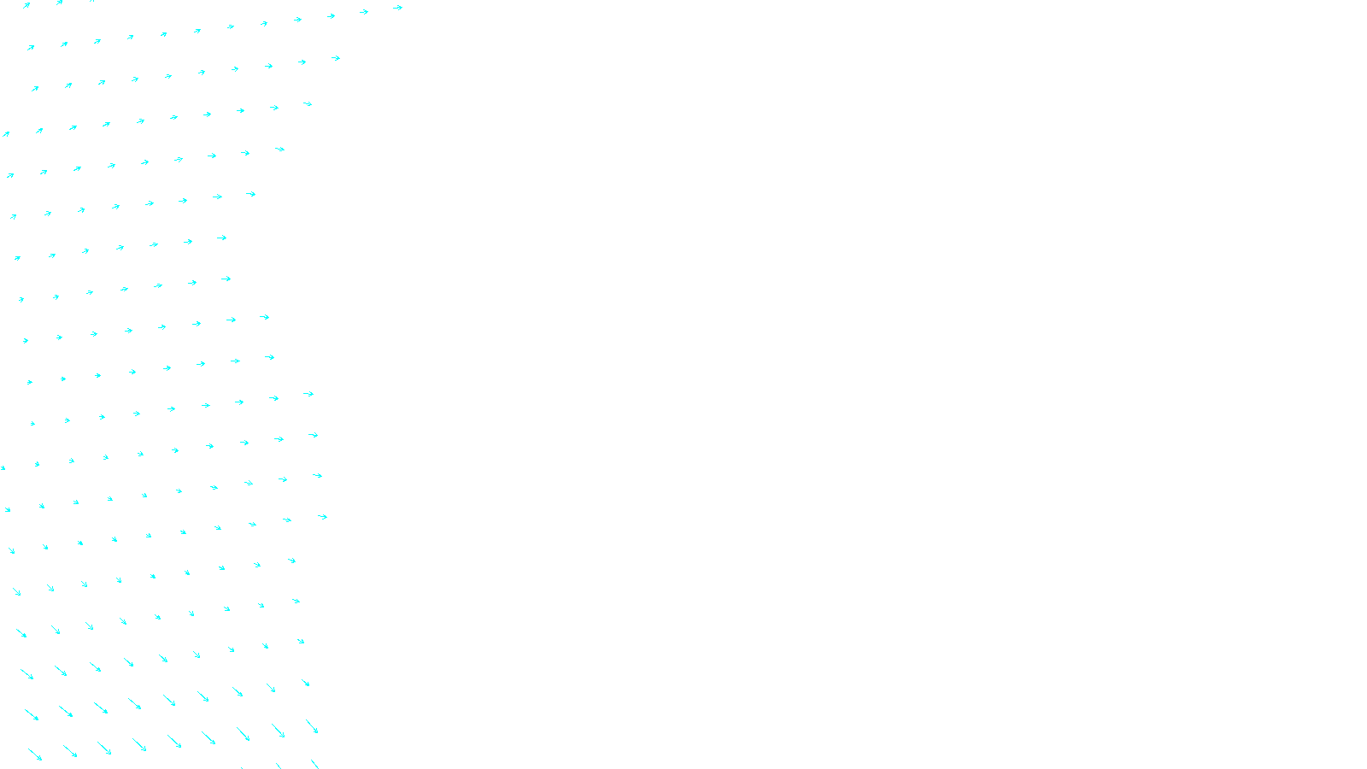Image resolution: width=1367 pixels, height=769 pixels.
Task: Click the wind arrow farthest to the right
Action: [x=397, y=8]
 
